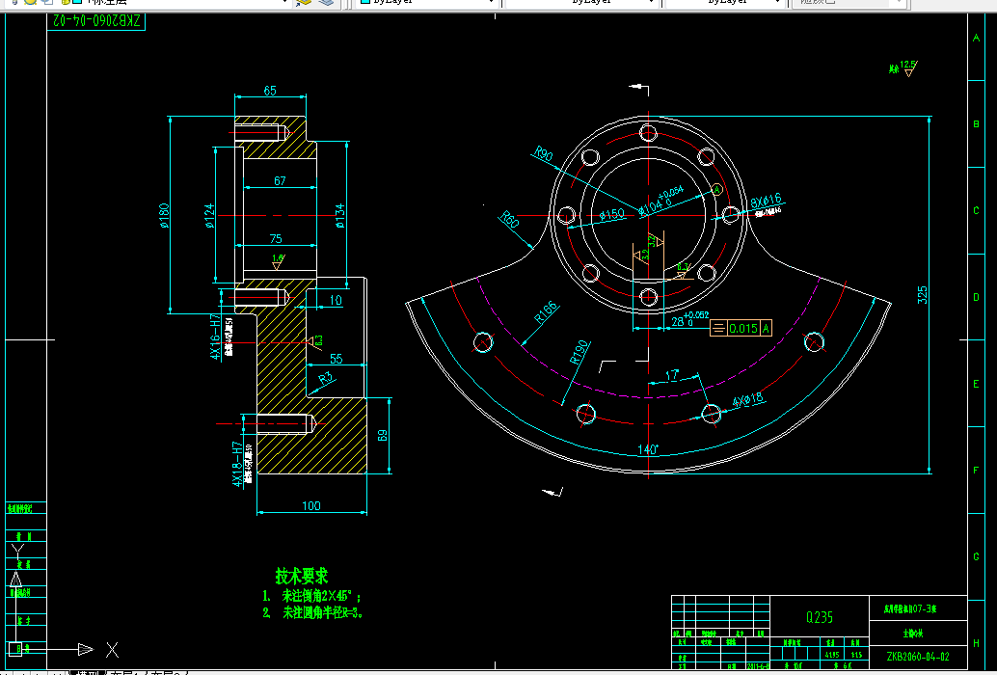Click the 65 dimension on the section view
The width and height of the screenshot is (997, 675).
point(270,91)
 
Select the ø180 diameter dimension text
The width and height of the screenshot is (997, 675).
point(164,215)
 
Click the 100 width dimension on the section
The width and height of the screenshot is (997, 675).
point(310,505)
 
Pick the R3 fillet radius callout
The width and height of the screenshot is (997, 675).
point(327,378)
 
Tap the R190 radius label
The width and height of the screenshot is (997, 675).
point(579,351)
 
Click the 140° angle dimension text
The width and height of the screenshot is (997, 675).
point(646,449)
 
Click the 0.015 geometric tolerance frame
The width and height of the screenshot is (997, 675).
point(742,329)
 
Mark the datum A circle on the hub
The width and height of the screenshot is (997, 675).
point(716,188)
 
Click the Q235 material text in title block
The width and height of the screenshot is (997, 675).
point(820,617)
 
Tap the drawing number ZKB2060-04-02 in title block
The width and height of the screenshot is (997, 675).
point(924,657)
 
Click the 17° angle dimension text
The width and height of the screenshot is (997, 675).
point(672,372)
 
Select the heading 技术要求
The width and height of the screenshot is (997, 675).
point(301,576)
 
